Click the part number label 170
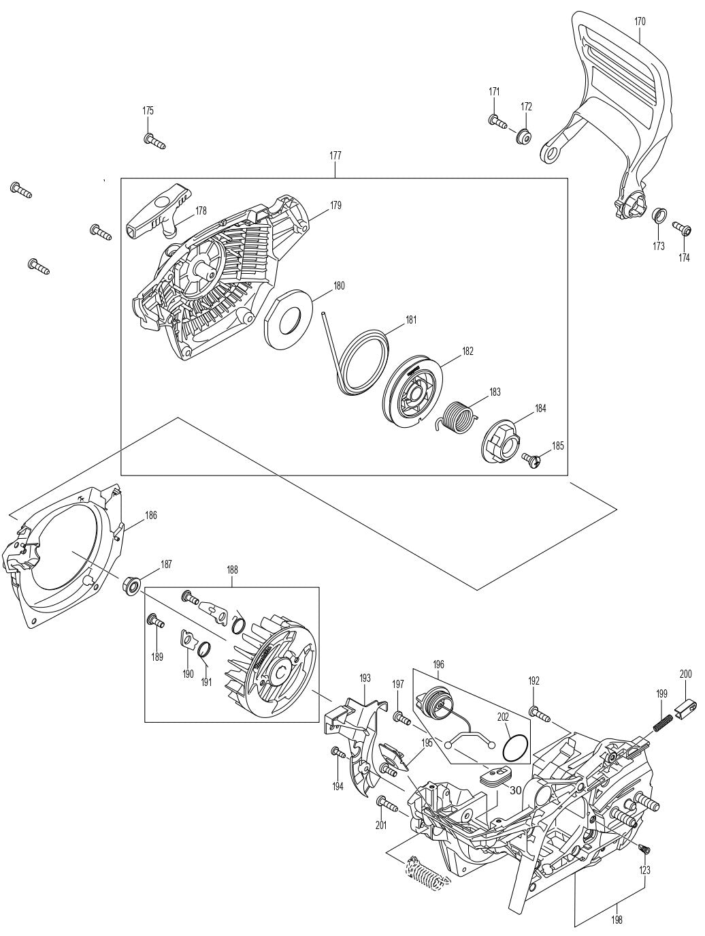click(x=640, y=21)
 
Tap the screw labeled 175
click(x=154, y=141)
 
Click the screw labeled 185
click(x=534, y=461)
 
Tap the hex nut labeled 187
click(x=131, y=584)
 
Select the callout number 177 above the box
click(x=335, y=155)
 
